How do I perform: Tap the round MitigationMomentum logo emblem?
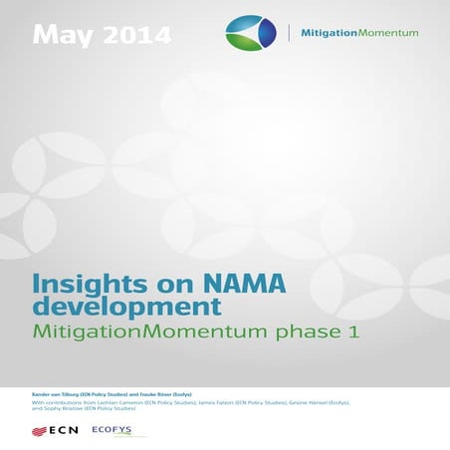[x=250, y=33]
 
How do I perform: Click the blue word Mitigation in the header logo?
[x=328, y=33]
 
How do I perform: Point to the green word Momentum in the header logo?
[x=388, y=33]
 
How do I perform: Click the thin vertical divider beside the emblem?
[x=289, y=33]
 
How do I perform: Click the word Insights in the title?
[x=74, y=283]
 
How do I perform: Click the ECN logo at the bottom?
[x=56, y=430]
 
